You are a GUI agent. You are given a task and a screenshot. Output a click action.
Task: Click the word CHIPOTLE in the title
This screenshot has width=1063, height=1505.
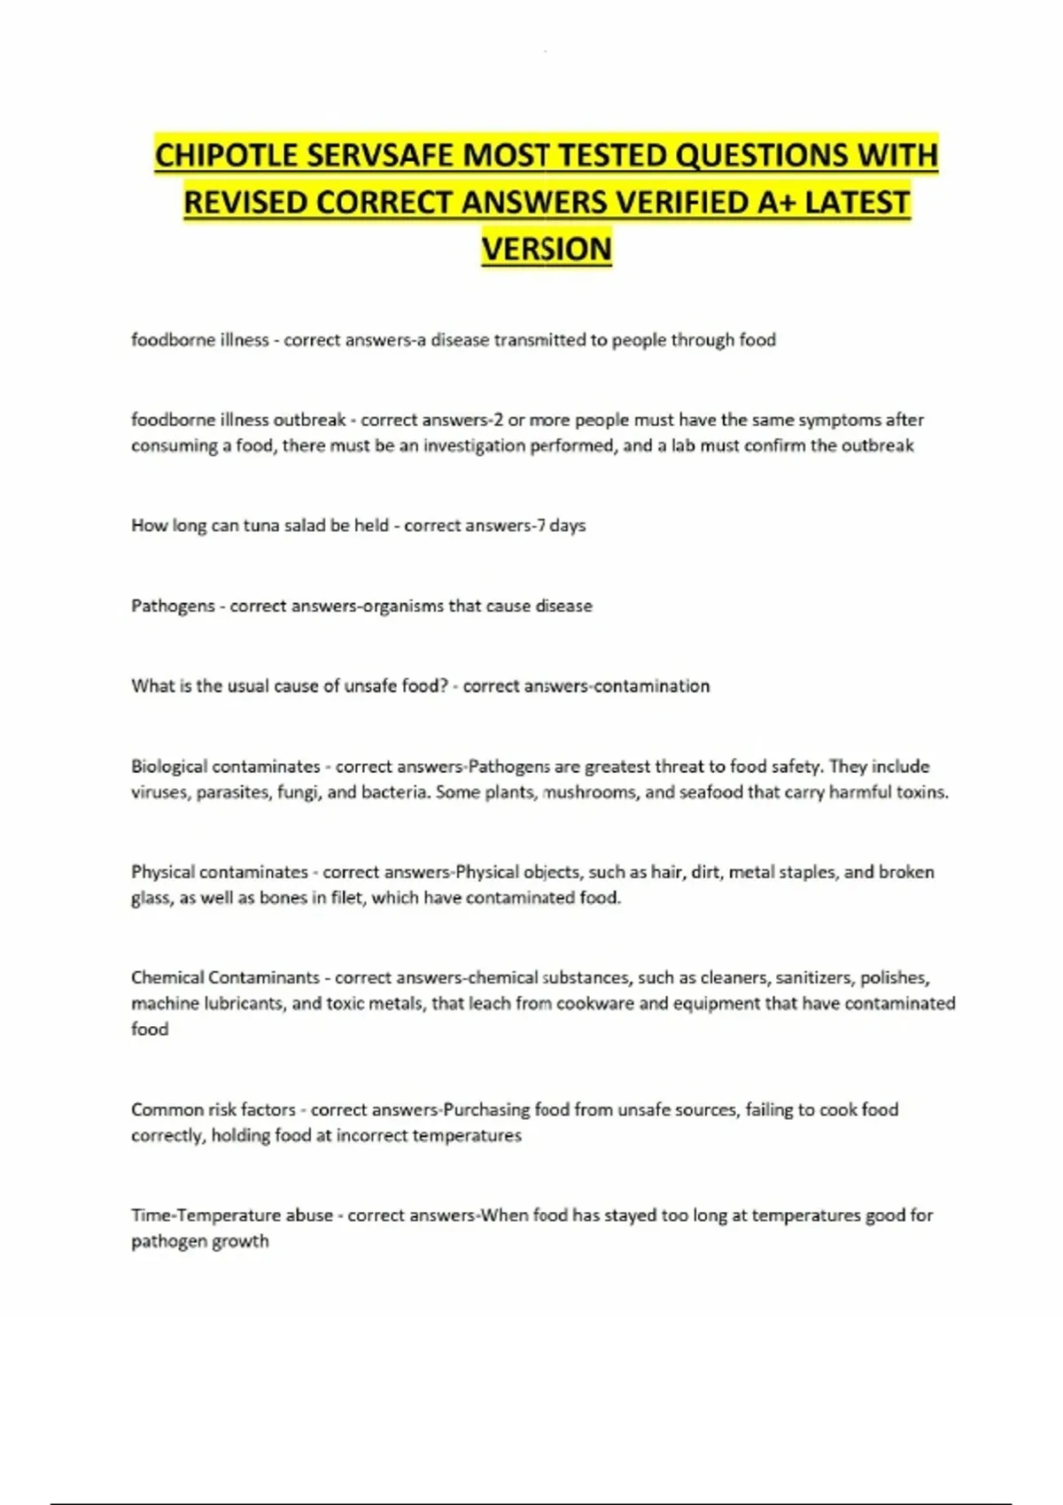[x=226, y=156]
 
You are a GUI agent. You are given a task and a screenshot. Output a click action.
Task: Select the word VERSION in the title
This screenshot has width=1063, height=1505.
[x=547, y=249]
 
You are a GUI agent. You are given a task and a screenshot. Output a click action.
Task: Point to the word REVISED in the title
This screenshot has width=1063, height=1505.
[x=245, y=203]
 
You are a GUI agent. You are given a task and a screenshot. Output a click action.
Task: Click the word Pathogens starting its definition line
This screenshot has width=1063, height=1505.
[x=173, y=606]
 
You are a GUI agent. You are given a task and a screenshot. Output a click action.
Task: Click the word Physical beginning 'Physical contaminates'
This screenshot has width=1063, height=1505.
[x=162, y=872]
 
